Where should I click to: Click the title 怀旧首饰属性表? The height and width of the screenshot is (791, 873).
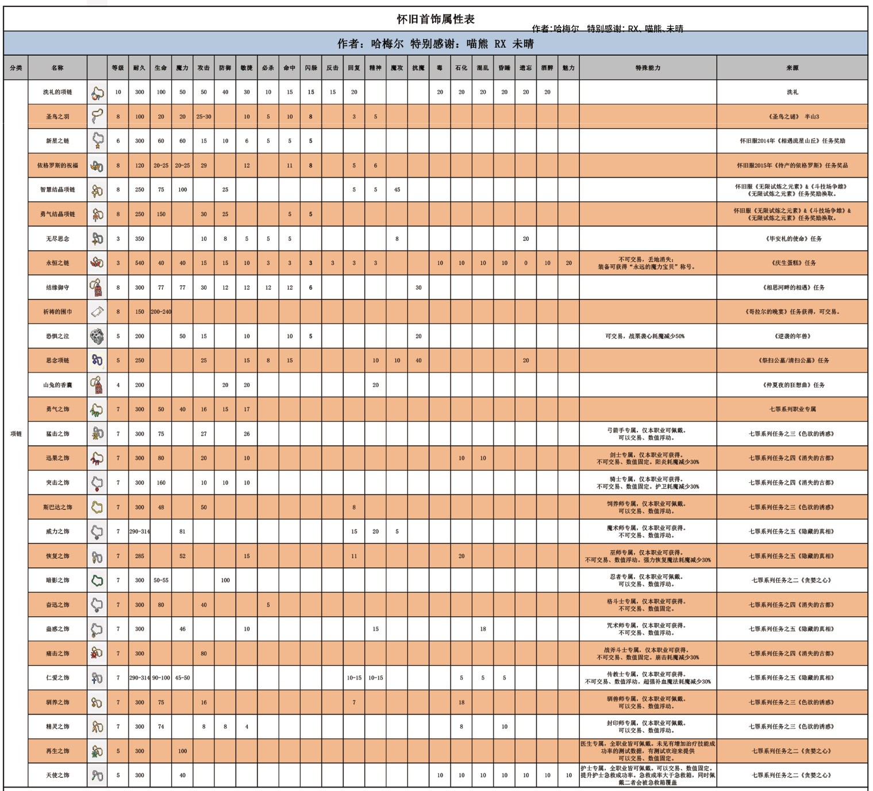pos(436,19)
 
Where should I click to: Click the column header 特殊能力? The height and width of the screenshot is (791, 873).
pos(648,68)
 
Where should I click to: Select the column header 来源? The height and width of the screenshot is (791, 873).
pos(792,68)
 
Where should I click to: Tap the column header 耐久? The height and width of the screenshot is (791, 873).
pos(139,68)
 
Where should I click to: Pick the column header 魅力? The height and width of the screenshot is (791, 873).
pos(568,68)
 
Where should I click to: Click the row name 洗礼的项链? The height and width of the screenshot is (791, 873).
pos(57,92)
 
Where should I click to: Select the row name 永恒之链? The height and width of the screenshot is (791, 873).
pos(57,263)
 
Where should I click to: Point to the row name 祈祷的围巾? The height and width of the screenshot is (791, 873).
pos(57,312)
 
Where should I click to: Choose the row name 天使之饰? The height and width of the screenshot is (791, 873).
pos(57,775)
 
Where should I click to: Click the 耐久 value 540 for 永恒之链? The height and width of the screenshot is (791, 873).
pos(139,263)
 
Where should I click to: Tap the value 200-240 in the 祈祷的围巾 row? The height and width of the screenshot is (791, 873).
pos(161,312)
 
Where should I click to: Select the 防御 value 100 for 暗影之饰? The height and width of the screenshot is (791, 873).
pos(225,580)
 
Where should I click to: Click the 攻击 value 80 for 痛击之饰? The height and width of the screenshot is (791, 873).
pos(203,653)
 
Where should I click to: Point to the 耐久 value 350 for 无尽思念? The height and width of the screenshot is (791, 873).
pos(139,239)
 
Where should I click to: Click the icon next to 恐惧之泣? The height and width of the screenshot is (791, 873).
pos(97,336)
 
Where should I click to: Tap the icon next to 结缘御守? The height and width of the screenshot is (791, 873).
pos(97,287)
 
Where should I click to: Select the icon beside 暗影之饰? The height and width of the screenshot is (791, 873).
pos(97,580)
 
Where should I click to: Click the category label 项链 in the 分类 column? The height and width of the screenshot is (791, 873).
pos(16,433)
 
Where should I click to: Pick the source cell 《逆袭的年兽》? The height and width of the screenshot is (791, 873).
pos(792,336)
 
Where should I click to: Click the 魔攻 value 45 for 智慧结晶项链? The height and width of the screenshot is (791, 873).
pos(397,190)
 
